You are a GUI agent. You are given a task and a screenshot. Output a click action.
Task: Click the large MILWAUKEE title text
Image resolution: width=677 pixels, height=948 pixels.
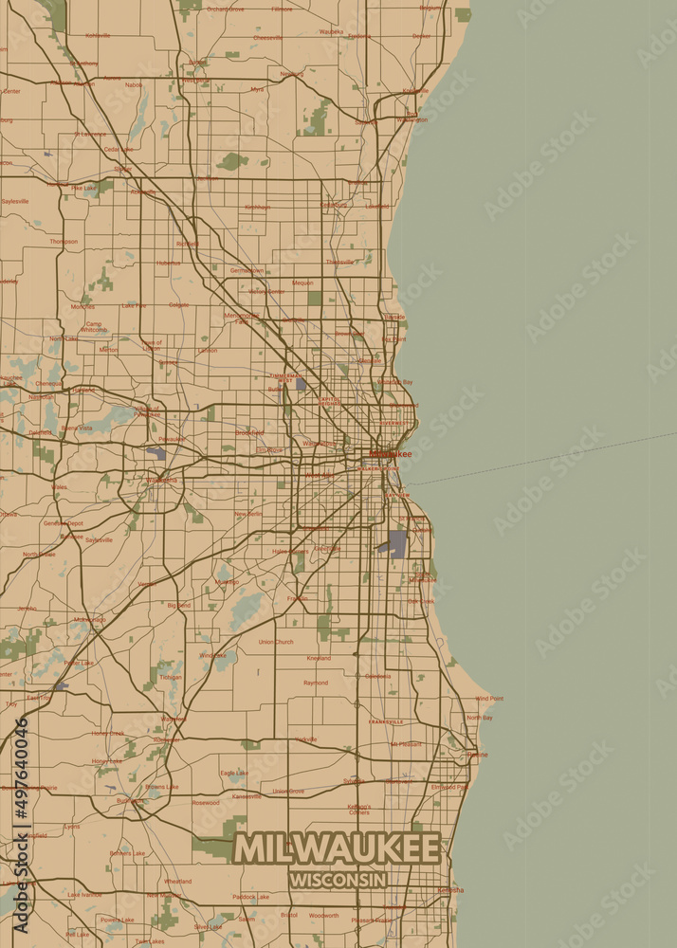(338, 848)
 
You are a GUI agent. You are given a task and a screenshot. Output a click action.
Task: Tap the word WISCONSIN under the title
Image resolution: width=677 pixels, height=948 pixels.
(338, 880)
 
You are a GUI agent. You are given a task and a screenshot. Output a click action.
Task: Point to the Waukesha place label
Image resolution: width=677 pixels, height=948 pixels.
(162, 480)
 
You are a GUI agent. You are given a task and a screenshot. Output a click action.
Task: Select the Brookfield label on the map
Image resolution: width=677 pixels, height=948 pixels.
(249, 432)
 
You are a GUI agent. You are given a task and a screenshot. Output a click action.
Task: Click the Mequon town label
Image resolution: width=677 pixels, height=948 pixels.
(302, 283)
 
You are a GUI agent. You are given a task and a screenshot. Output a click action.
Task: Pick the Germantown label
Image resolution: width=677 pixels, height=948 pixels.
(247, 270)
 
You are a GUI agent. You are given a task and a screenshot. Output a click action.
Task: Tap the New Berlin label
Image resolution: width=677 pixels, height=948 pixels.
(249, 514)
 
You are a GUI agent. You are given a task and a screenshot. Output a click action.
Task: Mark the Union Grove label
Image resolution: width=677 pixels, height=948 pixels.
(288, 791)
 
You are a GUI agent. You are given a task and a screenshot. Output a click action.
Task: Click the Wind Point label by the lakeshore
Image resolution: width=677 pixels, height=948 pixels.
(489, 699)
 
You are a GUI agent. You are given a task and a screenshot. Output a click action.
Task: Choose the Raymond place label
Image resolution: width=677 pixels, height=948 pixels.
(316, 683)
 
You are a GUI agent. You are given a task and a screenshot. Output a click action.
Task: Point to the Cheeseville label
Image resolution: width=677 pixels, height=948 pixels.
(267, 38)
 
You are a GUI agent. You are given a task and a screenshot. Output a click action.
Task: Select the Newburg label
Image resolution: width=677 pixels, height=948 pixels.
(292, 73)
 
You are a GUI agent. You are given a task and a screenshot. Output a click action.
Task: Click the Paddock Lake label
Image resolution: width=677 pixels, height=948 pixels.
(251, 896)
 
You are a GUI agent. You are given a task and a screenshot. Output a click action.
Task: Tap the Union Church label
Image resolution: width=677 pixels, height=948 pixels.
(276, 642)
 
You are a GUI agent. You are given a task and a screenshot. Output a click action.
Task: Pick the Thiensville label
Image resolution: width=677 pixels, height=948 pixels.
(339, 262)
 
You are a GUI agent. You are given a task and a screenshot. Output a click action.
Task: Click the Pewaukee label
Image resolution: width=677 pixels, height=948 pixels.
(172, 439)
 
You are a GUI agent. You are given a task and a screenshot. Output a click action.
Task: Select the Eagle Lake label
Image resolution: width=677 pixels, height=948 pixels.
(233, 774)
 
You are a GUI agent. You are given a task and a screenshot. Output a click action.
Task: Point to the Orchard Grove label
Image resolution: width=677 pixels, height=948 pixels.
(225, 9)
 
